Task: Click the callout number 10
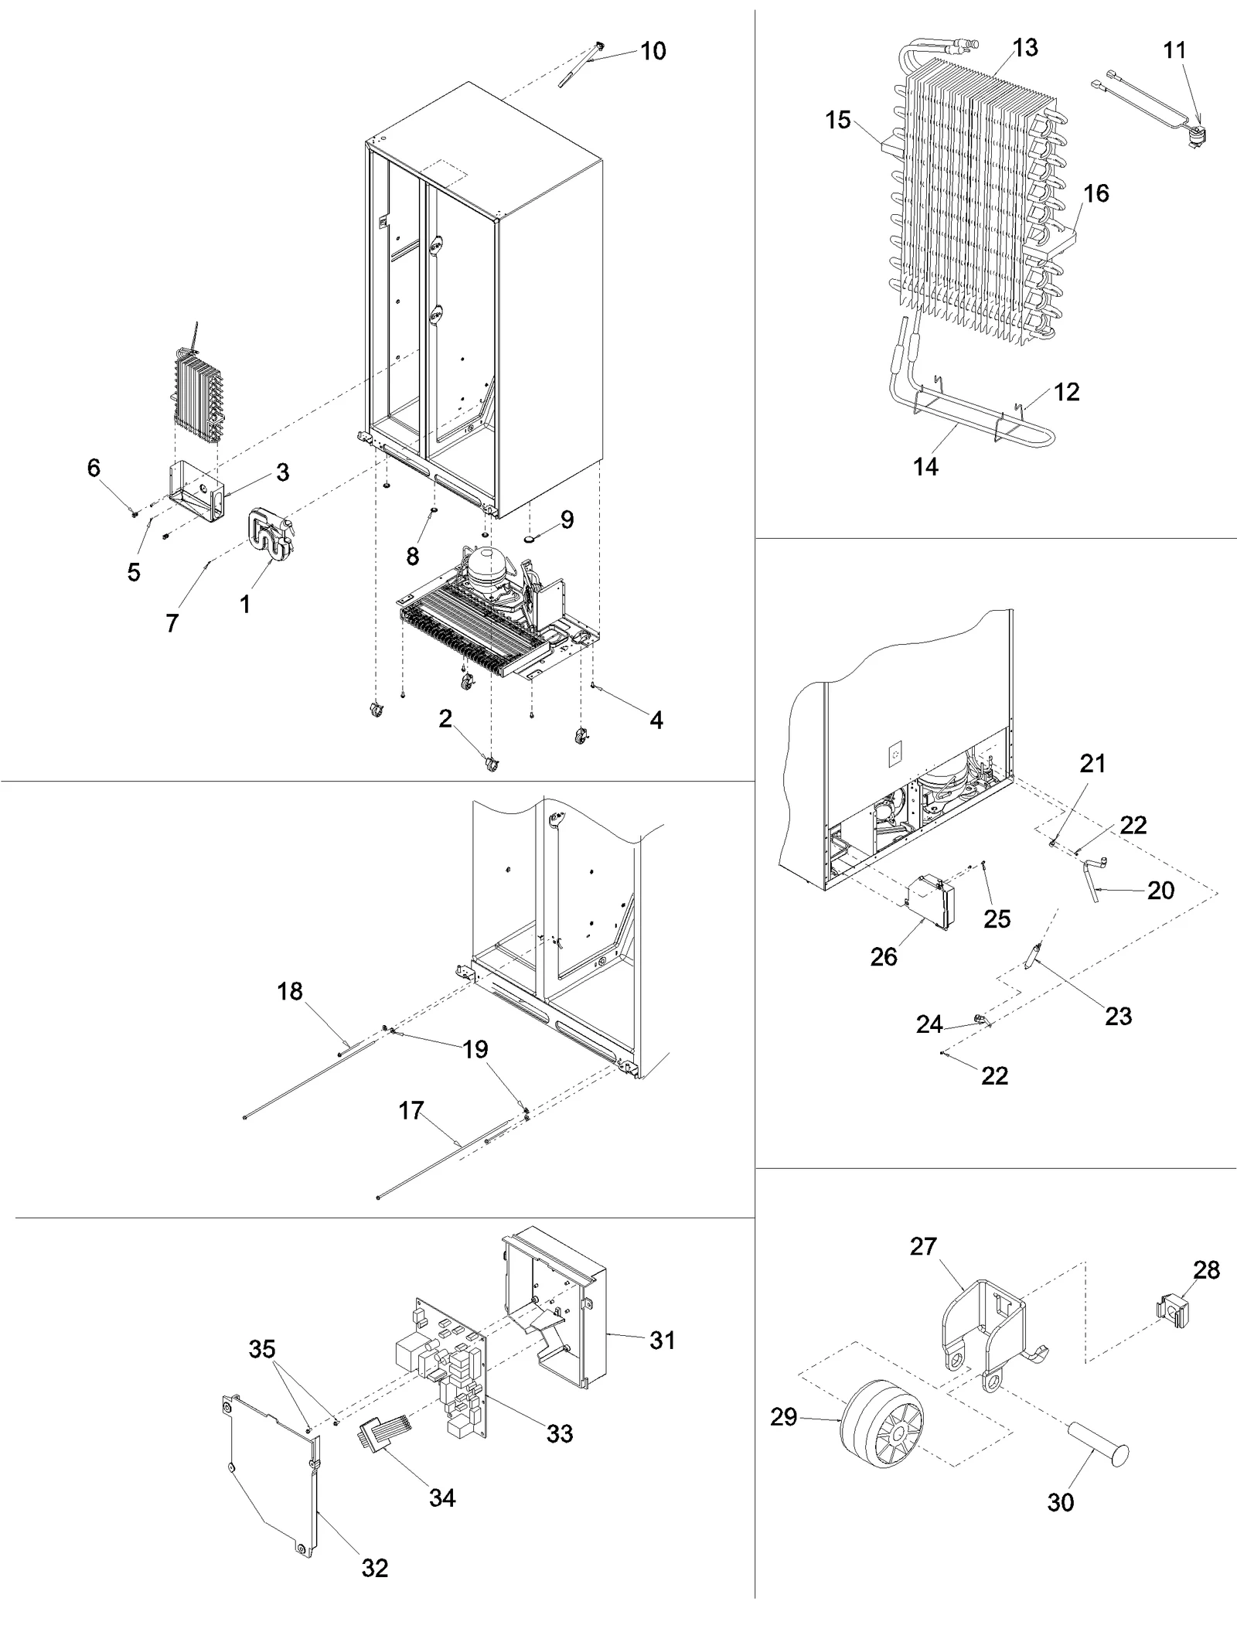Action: click(x=653, y=51)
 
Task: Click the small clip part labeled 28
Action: click(x=1174, y=1316)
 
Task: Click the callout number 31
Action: click(x=662, y=1340)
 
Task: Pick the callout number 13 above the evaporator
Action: click(x=1025, y=48)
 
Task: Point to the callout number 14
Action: click(x=925, y=466)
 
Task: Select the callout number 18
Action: click(x=290, y=991)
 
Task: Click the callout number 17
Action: click(x=411, y=1111)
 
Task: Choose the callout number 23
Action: click(x=1118, y=1015)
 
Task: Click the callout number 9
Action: click(x=567, y=520)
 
